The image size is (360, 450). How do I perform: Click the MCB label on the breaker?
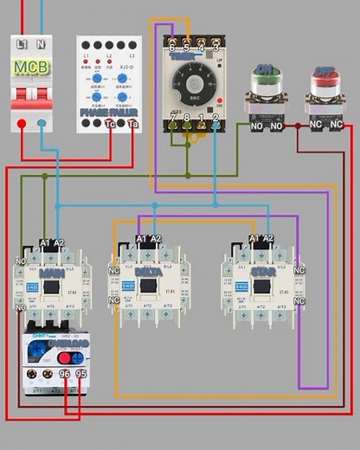[x=31, y=66]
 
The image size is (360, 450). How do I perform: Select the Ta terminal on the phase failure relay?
[x=132, y=125]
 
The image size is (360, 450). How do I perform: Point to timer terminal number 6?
[x=171, y=48]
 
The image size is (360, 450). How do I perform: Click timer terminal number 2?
[x=215, y=117]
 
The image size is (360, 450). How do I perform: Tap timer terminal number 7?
[x=171, y=117]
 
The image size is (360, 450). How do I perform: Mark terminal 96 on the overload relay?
[x=64, y=374]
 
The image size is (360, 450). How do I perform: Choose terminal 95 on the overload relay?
[x=81, y=374]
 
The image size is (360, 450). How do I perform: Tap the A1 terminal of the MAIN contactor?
[x=45, y=243]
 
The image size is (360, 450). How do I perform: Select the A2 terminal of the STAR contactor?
[x=267, y=238]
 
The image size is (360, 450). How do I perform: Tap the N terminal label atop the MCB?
[x=41, y=43]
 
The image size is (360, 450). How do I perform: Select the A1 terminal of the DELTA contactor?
[x=141, y=239]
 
